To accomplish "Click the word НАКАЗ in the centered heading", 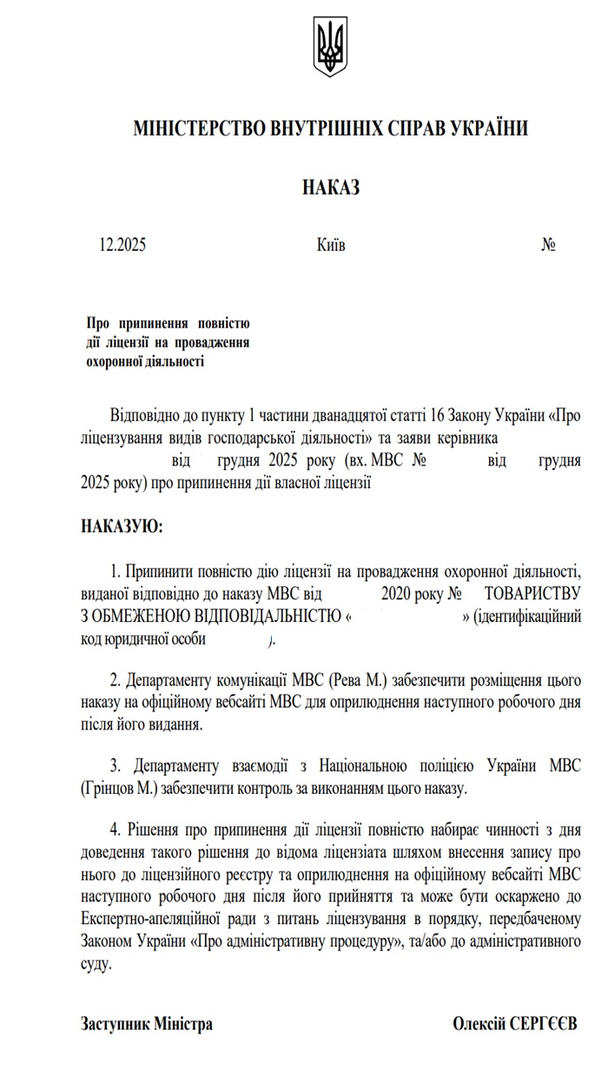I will [330, 188].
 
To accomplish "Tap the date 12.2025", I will [122, 245].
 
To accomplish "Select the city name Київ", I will [331, 245].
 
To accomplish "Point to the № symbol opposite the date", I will [548, 245].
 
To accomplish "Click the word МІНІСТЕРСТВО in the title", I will [190, 129].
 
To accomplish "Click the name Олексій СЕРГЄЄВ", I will [515, 1024].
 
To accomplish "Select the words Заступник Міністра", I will [147, 1024].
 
